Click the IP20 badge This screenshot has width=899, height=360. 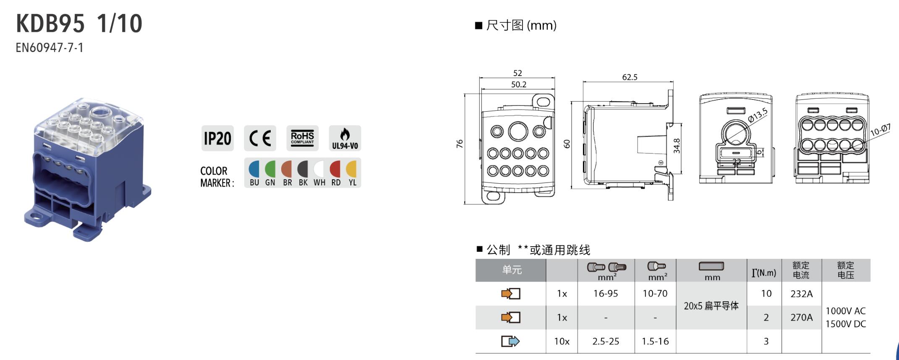pos(217,138)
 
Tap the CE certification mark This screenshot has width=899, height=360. pos(260,138)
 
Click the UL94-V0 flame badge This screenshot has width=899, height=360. pos(345,138)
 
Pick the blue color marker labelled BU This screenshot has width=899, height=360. pos(254,169)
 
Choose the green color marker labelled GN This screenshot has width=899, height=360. pos(270,169)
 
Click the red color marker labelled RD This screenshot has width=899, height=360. pos(335,169)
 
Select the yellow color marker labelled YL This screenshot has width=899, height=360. pos(352,169)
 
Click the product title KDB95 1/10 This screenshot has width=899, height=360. pos(79,23)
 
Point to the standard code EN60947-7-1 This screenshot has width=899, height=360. pos(50,47)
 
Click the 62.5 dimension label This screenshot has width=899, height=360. pos(630,77)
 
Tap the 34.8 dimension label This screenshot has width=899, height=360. pos(677,146)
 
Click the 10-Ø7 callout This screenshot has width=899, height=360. pos(880,130)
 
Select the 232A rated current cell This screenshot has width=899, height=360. pos(801,294)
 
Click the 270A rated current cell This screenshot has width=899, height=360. pos(801,317)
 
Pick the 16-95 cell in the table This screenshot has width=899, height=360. pos(605,294)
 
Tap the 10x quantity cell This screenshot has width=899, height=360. pos(562,342)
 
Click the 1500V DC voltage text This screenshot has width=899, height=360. pos(845,324)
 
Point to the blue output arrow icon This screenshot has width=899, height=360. pos(510,342)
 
